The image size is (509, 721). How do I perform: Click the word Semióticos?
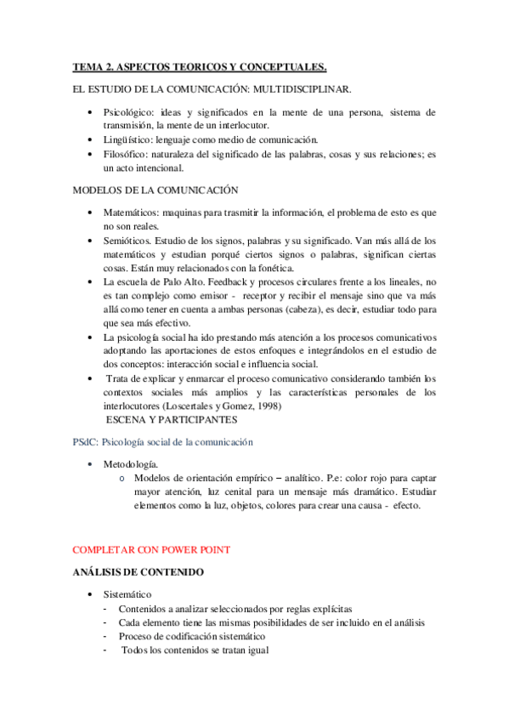tap(128, 241)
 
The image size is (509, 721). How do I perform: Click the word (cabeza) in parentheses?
tap(314, 309)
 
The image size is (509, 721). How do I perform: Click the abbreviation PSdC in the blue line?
tap(85, 443)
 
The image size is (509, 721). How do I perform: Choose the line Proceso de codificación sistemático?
tap(192, 636)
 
